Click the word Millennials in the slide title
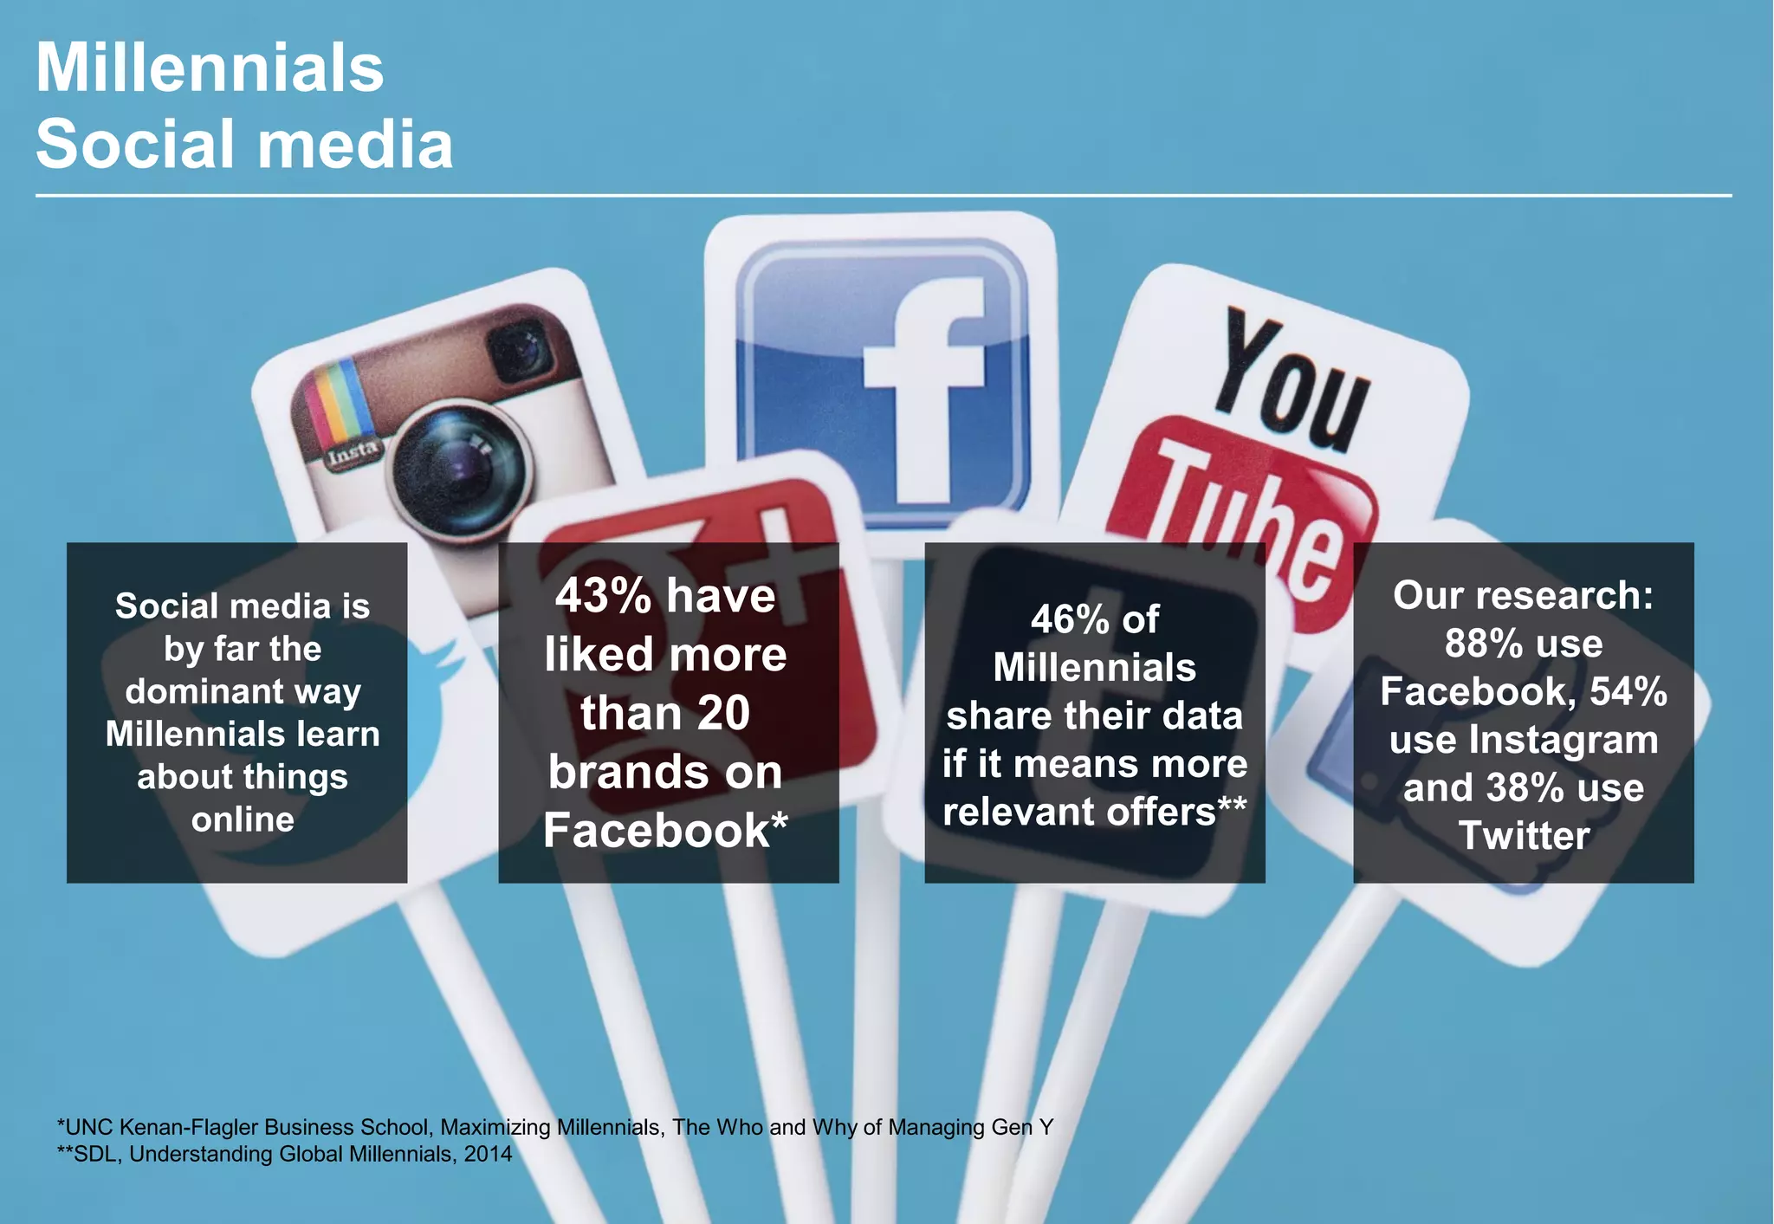point(210,68)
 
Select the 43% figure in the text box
point(603,597)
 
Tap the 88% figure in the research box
point(1483,644)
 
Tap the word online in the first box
point(243,819)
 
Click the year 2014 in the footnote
point(488,1155)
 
